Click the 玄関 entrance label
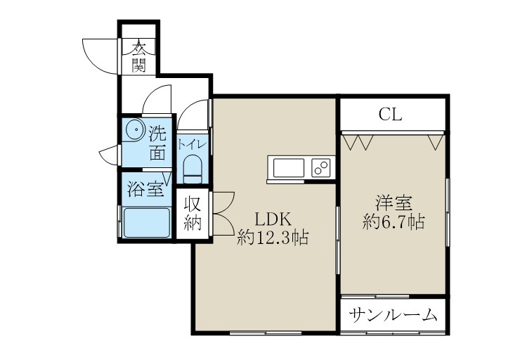138,57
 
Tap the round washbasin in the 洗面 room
135,132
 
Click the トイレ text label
191,144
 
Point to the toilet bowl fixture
191,169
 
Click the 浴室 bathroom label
145,189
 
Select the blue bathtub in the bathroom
146,223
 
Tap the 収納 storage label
193,214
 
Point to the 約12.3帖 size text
273,238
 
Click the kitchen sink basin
288,169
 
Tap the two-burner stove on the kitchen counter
321,169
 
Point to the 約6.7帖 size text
393,223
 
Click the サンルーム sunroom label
394,314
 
